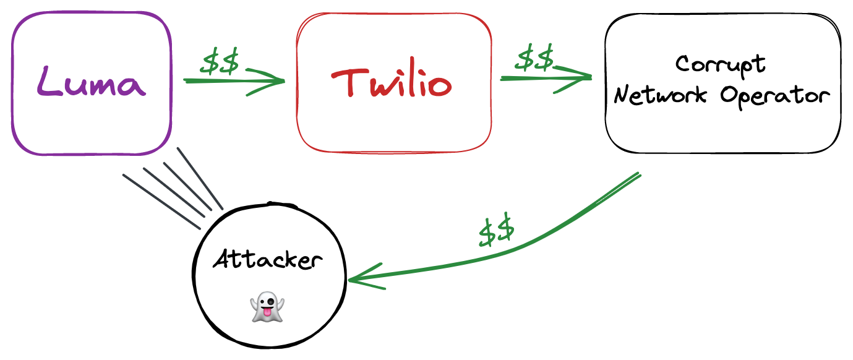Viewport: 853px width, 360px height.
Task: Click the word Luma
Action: tap(91, 82)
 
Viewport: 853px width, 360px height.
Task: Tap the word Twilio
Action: tap(392, 83)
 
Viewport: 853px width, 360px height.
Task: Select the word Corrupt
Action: tap(721, 65)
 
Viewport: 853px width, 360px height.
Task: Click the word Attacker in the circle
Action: tap(268, 260)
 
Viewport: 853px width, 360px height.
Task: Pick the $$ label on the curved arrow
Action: tap(496, 231)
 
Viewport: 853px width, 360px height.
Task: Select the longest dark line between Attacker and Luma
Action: tap(162, 202)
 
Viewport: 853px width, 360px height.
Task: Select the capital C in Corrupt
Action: tap(683, 64)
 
